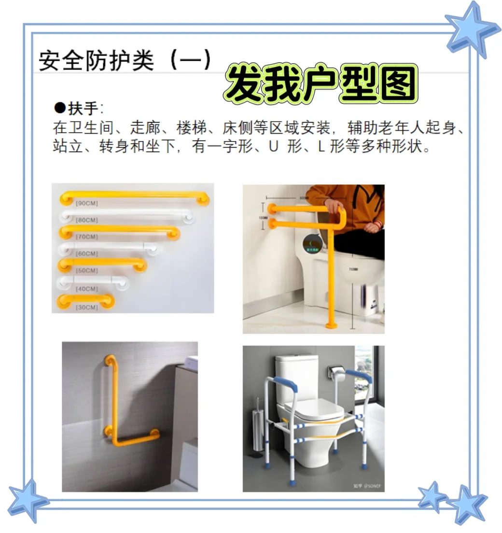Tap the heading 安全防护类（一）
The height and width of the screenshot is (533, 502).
click(125, 60)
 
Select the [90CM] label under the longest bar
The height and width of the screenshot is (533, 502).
click(87, 204)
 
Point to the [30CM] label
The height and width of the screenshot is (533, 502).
click(87, 307)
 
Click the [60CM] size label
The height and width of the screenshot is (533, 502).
click(87, 253)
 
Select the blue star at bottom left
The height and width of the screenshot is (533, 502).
click(28, 500)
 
